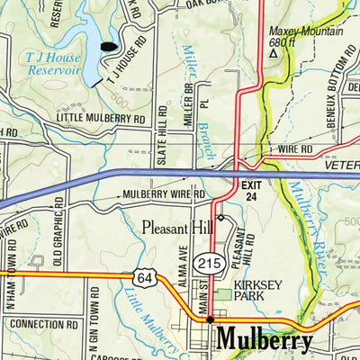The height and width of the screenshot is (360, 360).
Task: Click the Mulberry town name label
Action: pyautogui.click(x=265, y=341)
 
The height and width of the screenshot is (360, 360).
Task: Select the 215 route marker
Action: pyautogui.click(x=209, y=263)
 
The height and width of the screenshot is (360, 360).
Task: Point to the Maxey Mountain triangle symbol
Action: pyautogui.click(x=274, y=52)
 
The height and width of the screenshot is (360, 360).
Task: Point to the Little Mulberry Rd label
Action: pyautogui.click(x=100, y=118)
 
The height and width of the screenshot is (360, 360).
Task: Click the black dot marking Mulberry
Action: pyautogui.click(x=211, y=319)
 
